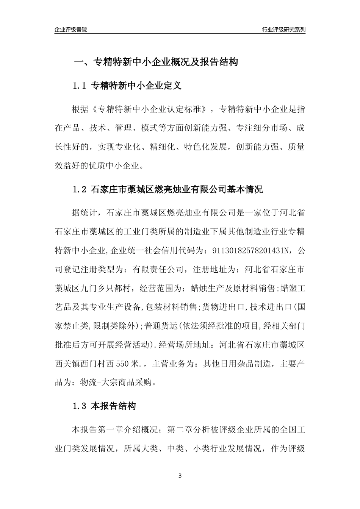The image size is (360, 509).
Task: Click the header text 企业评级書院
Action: [71, 30]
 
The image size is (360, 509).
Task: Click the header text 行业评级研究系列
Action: [283, 30]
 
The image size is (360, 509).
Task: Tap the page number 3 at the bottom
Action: [180, 476]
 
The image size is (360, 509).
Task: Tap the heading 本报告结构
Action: [114, 407]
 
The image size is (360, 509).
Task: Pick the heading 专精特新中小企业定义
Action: [136, 86]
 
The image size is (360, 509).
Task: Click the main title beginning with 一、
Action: [155, 62]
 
